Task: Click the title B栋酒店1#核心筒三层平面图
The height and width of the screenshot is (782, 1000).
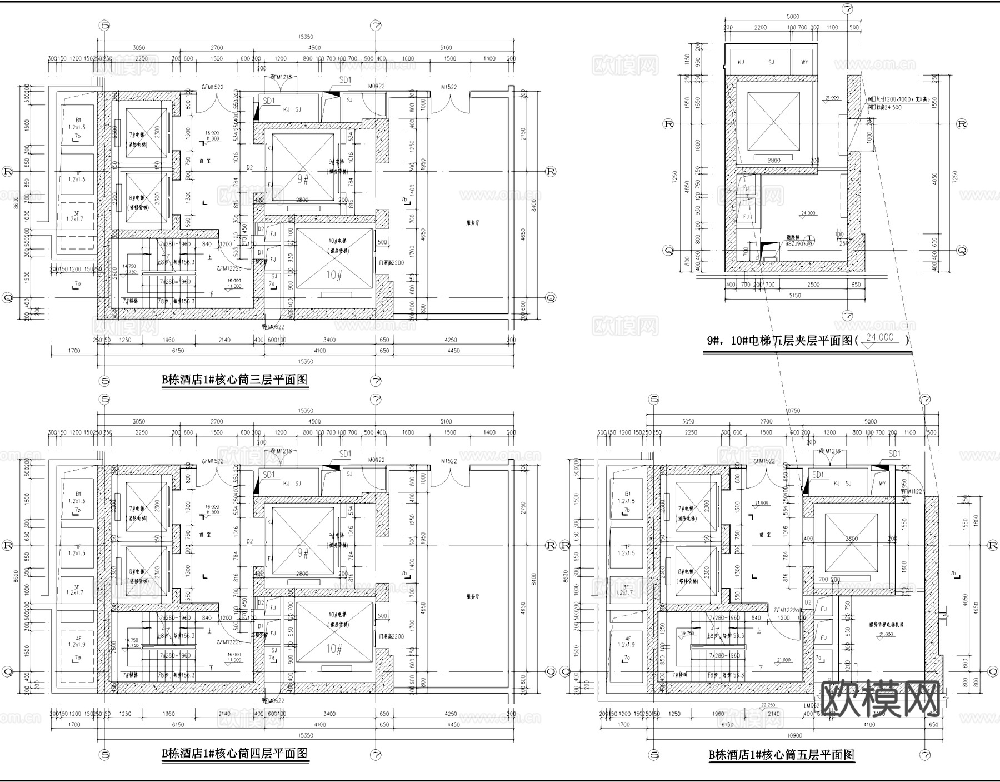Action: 234,380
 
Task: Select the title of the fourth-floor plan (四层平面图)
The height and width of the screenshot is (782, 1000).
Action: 234,754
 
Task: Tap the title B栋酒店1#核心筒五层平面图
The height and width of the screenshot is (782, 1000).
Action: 781,755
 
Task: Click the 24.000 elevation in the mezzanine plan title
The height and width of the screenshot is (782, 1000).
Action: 879,338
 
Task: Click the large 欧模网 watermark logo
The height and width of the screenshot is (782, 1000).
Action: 880,700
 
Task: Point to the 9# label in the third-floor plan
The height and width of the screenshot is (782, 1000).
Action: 303,179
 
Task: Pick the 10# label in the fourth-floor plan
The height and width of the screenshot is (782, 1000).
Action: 333,649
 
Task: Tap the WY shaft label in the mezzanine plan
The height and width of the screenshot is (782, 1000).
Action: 804,62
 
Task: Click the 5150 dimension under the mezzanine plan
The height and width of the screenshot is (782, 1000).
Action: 794,296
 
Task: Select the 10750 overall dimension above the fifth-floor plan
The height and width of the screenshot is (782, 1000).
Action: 793,411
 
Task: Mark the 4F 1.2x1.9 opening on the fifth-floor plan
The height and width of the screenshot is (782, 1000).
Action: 627,642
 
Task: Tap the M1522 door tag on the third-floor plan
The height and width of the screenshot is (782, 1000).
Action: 449,87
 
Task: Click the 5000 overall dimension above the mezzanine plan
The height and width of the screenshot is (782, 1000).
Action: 793,17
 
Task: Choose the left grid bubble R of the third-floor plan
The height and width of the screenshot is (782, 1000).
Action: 8,171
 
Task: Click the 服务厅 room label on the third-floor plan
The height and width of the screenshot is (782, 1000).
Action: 472,223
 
